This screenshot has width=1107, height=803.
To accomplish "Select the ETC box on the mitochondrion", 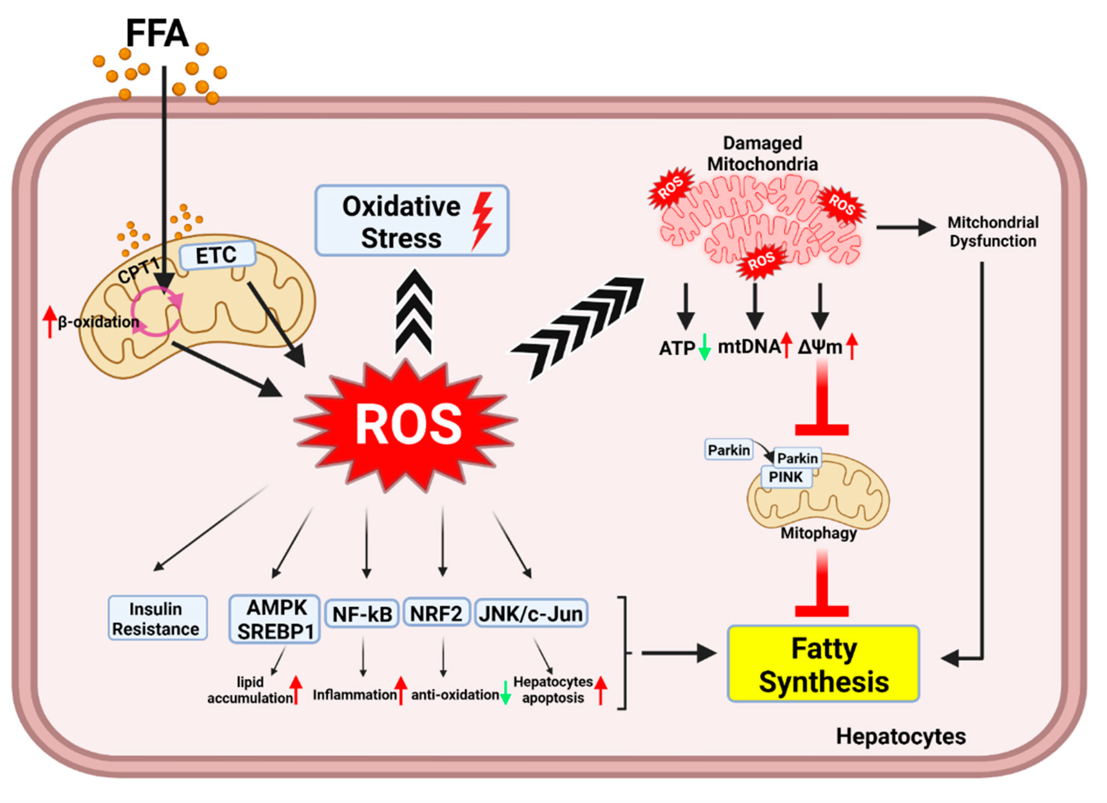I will pyautogui.click(x=217, y=255).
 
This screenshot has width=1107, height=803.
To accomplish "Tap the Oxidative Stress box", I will pyautogui.click(x=411, y=220).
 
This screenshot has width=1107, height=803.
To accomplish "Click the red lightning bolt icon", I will pyautogui.click(x=482, y=220).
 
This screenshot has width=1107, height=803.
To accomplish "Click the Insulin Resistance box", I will pyautogui.click(x=157, y=618).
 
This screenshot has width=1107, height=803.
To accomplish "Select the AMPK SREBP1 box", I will pyautogui.click(x=275, y=619).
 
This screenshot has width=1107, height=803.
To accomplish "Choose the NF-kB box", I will pyautogui.click(x=362, y=614).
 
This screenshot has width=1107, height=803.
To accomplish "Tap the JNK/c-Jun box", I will pyautogui.click(x=531, y=613).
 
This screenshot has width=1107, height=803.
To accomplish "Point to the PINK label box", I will pyautogui.click(x=786, y=477).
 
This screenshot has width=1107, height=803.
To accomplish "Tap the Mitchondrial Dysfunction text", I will pyautogui.click(x=992, y=232).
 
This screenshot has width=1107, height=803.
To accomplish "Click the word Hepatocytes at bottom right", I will pyautogui.click(x=900, y=737).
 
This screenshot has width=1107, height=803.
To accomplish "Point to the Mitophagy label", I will pyautogui.click(x=819, y=533).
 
